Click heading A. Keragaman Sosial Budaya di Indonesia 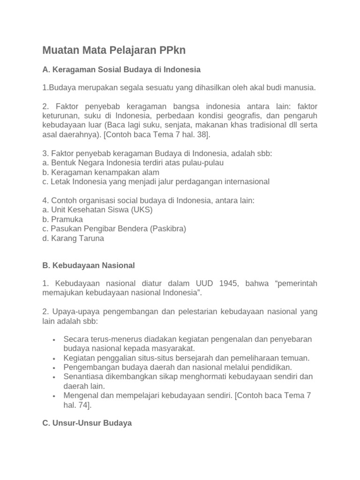[x=121, y=69]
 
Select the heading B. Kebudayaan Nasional [x=88, y=265]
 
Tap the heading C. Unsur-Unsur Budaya [x=87, y=423]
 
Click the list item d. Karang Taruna [x=73, y=238]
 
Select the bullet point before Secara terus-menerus [x=55, y=339]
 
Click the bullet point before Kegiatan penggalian [x=55, y=358]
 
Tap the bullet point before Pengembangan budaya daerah [x=55, y=367]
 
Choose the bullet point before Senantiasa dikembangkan [x=55, y=377]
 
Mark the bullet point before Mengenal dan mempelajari [x=55, y=396]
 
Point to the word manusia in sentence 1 [x=300, y=87]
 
